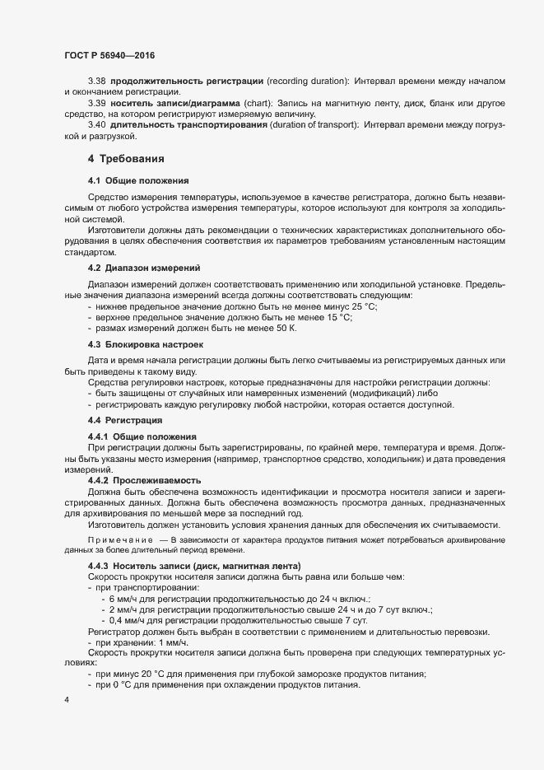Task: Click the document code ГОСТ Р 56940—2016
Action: [109, 55]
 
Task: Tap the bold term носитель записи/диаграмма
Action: [170, 104]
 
